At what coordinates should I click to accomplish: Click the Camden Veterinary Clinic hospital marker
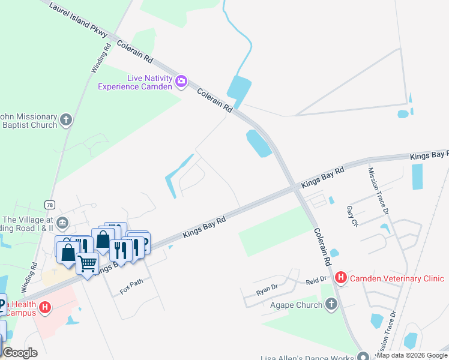pos(341,278)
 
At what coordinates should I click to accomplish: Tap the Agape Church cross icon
pos(331,305)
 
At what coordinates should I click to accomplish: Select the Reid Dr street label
pos(315,280)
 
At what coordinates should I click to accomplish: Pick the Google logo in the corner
pos(20,352)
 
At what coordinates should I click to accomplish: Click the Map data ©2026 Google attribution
pos(412,355)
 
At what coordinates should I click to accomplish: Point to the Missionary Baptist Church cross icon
pos(66,120)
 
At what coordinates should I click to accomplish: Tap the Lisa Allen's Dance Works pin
pos(361,355)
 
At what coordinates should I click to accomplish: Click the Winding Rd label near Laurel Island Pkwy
pos(100,58)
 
